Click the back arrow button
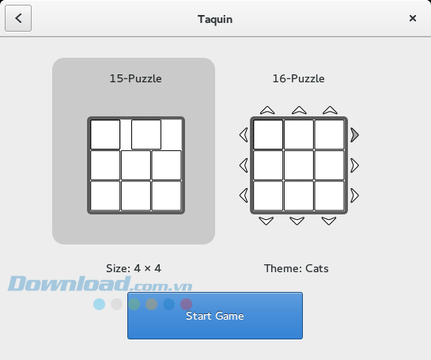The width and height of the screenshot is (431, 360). coord(18,18)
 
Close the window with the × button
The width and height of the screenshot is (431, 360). coord(412,18)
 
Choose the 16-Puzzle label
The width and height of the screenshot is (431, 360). coord(297,78)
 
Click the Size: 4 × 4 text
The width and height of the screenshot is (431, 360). coord(134,268)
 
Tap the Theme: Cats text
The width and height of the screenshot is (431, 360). coord(297,268)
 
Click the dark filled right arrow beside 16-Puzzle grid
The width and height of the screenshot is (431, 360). coord(355,135)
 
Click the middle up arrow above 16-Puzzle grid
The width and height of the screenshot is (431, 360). coord(298,110)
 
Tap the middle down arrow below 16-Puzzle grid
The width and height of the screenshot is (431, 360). coord(298,221)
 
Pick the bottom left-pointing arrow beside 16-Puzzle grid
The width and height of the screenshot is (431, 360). coord(244,195)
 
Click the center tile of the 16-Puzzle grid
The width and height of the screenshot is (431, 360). coord(298,165)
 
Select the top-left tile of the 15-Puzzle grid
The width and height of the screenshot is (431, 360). coord(105,135)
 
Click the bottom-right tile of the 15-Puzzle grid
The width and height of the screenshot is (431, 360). coord(166,195)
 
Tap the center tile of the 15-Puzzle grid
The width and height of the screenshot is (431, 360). coord(135,165)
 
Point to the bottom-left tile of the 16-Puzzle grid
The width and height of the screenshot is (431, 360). coord(268,195)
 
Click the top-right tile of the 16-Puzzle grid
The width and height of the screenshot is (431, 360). coord(329,135)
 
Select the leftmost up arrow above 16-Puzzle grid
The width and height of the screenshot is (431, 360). coord(267,110)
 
